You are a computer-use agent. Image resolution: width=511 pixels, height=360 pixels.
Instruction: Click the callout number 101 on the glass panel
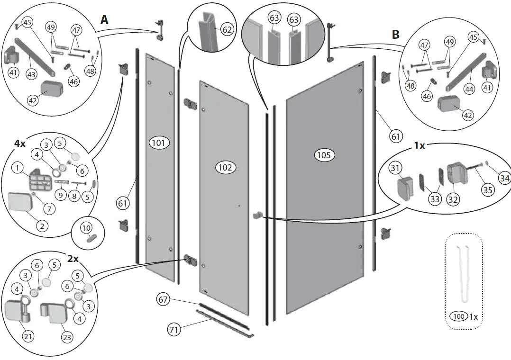159,142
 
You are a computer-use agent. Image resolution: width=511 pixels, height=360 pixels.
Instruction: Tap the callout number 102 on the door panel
226,167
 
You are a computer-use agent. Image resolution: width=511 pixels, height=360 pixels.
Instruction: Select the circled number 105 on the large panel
324,155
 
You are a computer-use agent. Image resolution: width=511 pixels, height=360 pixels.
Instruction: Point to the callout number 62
227,30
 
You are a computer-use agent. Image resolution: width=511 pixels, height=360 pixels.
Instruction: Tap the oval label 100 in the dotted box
458,316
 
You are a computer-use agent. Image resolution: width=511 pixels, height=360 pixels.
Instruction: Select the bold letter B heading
396,35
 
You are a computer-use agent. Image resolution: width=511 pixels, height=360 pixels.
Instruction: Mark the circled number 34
504,177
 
